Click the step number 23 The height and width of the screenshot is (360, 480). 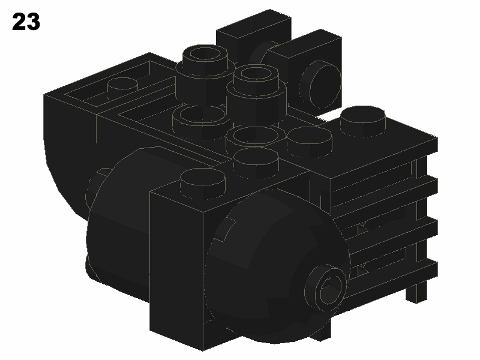[26, 22]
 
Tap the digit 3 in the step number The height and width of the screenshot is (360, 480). [34, 22]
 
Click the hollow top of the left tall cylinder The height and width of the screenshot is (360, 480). [205, 54]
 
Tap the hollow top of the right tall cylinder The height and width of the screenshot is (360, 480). [256, 74]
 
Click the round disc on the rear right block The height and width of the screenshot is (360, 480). [322, 84]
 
